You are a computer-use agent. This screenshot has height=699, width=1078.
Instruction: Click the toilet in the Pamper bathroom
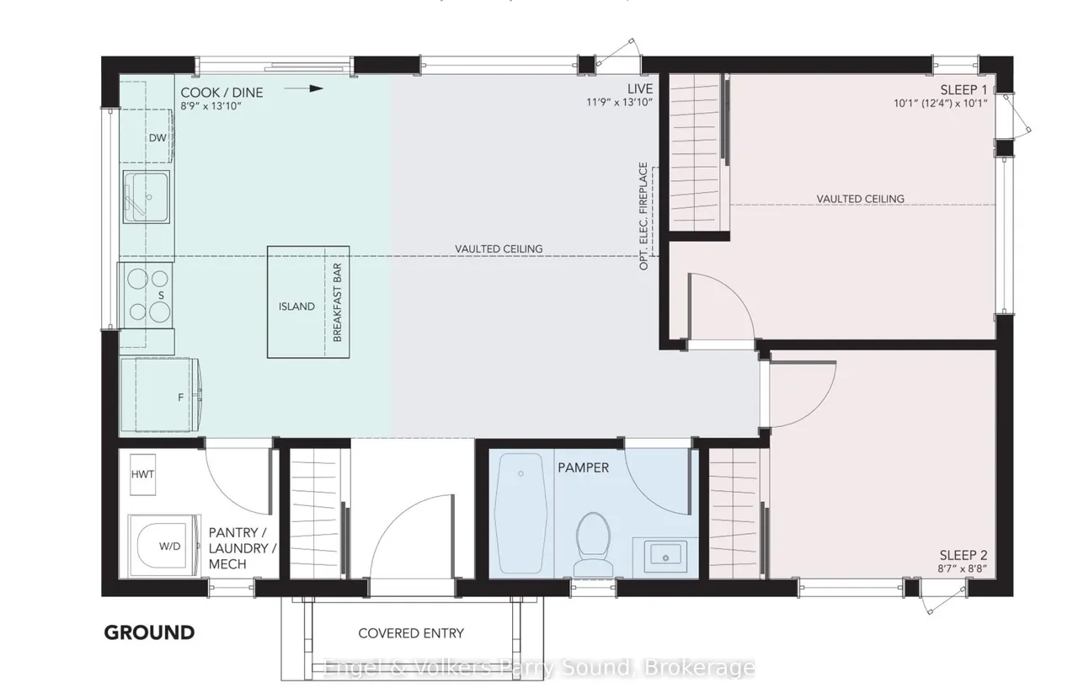(594, 544)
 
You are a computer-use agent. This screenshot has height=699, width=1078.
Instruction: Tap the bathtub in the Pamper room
(521, 513)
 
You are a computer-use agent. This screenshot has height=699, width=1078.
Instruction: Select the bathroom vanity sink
(665, 554)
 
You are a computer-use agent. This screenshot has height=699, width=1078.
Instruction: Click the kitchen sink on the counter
(146, 196)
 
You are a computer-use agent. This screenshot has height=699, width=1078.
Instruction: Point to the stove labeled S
(147, 295)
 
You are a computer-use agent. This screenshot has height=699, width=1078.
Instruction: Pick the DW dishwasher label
(157, 138)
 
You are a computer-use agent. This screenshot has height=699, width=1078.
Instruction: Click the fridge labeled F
(160, 395)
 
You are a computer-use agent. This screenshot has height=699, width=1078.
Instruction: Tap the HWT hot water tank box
(142, 475)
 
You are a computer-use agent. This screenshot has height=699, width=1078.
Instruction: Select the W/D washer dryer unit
(164, 546)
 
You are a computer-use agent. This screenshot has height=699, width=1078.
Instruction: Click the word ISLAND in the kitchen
(296, 307)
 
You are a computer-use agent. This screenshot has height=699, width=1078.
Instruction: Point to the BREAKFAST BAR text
(337, 303)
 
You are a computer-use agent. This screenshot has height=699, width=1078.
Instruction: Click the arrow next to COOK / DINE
(304, 88)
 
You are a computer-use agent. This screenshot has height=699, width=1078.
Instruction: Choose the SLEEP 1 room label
(963, 90)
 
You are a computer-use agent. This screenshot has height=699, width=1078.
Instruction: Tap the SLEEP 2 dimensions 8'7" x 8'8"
(962, 568)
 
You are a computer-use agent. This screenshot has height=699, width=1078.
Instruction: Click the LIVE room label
(640, 89)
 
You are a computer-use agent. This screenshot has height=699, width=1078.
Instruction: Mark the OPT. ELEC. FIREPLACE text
(643, 216)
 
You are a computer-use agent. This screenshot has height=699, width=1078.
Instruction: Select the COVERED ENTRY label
(411, 633)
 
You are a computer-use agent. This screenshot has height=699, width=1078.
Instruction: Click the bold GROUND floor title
(150, 632)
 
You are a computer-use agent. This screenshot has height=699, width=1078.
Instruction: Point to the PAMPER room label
(584, 467)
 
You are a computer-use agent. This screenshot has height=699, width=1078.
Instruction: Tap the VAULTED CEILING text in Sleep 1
(860, 199)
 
